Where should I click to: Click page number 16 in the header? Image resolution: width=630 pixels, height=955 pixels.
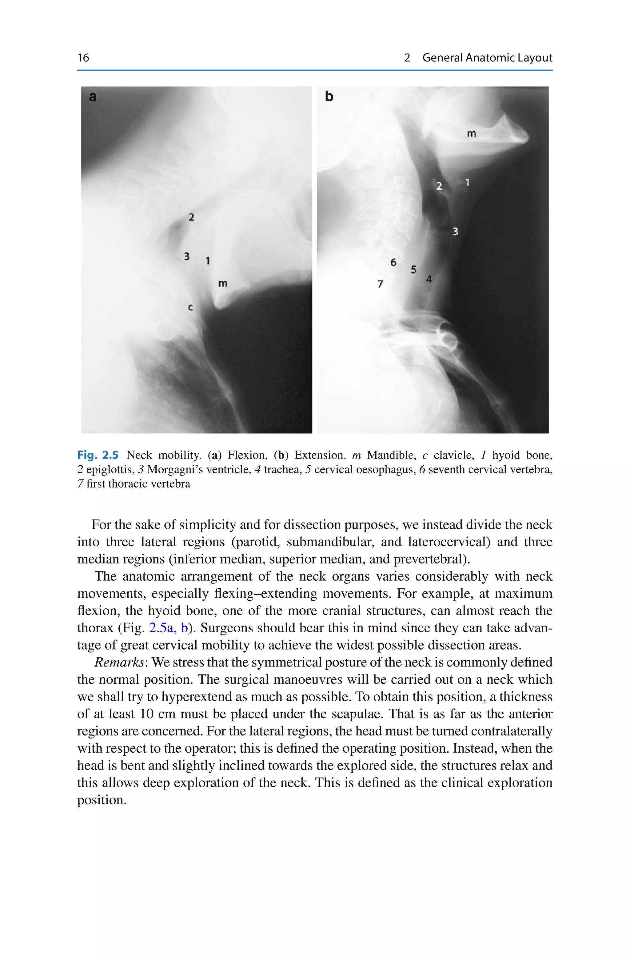click(83, 58)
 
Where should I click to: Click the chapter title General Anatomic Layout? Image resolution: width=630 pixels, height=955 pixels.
click(487, 58)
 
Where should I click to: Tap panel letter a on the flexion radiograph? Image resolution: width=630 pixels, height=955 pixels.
click(93, 97)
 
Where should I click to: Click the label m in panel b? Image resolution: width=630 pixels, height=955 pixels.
click(471, 133)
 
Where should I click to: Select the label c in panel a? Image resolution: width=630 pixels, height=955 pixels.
click(190, 308)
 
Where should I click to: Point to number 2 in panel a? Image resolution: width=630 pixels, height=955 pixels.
click(191, 217)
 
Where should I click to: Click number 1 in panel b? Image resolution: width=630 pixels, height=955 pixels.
click(467, 183)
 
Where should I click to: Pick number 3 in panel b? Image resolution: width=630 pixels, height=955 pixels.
click(455, 232)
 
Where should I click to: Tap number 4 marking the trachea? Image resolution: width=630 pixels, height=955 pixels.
click(429, 279)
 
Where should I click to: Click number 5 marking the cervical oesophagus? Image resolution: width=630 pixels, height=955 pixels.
click(413, 269)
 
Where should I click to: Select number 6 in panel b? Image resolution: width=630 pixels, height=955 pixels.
click(393, 262)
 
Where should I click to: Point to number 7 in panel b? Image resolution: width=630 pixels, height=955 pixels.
click(380, 284)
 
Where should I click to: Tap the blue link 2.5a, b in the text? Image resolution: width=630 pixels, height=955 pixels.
click(168, 628)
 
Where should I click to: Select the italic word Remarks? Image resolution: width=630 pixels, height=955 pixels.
click(119, 662)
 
